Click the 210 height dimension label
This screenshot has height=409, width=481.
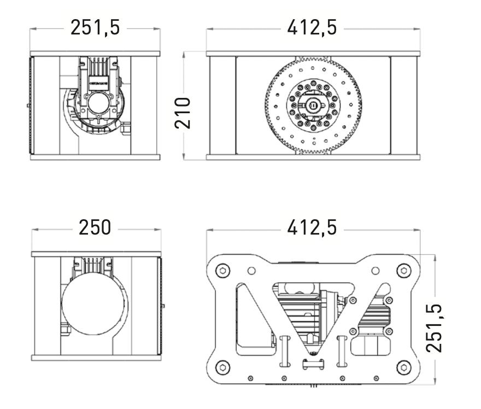tap(183, 113)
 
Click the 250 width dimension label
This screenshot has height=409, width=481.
tap(95, 227)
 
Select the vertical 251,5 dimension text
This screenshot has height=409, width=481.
tap(435, 328)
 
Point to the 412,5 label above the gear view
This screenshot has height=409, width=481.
tap(312, 27)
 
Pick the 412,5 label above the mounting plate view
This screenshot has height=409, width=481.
tap(312, 227)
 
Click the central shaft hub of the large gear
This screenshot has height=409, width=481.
tap(313, 105)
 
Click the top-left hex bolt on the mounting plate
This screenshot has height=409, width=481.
tap(223, 271)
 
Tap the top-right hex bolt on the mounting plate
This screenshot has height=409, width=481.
tap(404, 271)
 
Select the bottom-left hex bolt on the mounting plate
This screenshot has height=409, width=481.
tap(223, 367)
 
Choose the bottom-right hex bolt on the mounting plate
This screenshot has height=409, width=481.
tap(404, 367)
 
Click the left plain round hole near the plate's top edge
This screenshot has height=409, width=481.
tap(251, 271)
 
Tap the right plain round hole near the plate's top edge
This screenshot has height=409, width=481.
tap(375, 271)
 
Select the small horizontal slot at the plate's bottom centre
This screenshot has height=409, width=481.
tap(313, 364)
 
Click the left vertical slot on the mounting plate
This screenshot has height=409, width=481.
tap(285, 352)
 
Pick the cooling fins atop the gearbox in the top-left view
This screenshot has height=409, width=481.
tap(99, 67)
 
